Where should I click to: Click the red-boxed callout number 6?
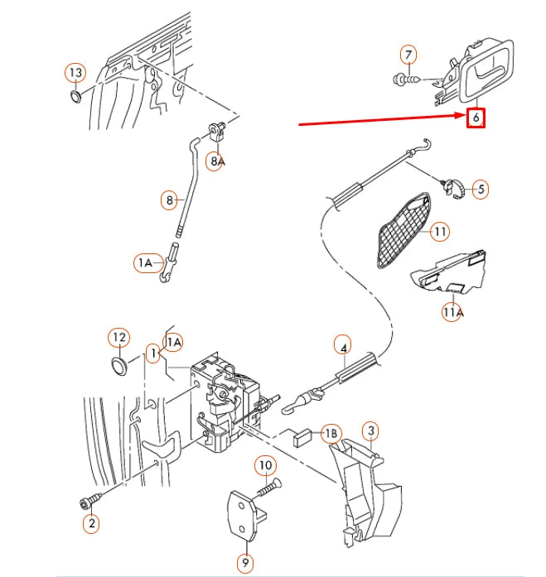coord(475,118)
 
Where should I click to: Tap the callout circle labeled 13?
coord(75,73)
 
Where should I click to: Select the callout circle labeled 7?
coord(408,56)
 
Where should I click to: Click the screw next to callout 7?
coord(403,80)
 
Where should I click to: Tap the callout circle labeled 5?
coord(479,190)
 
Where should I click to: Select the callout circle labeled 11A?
coord(452,312)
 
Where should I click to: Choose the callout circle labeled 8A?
coord(216,161)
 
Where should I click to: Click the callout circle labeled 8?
coord(170,200)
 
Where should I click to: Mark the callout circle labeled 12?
coord(119,338)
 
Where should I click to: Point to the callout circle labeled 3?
coord(371,430)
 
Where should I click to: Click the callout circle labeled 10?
coord(264,466)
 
